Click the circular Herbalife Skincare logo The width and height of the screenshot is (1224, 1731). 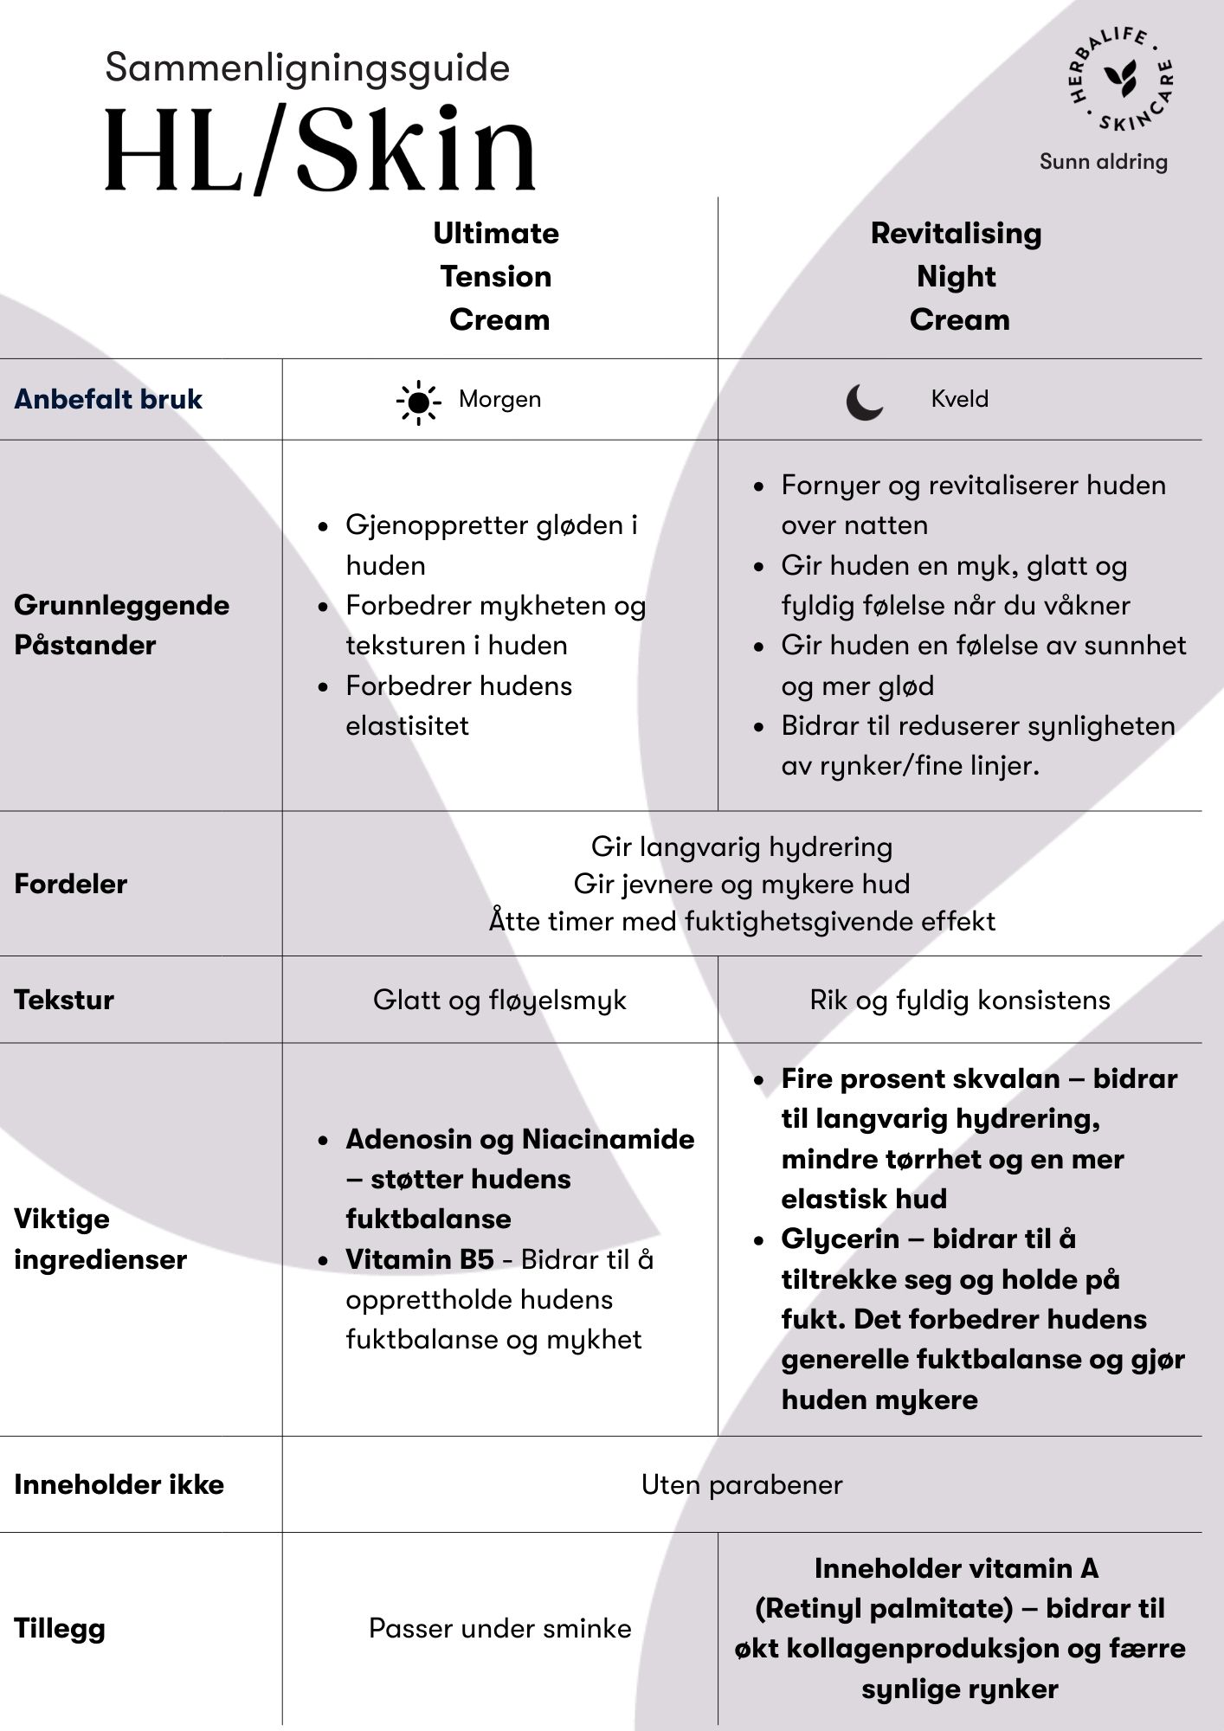1118,80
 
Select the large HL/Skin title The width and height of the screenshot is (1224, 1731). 320,149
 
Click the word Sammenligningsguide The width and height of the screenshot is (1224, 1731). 307,68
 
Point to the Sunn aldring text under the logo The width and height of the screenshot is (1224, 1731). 1103,162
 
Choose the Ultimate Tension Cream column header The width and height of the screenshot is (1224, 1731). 498,276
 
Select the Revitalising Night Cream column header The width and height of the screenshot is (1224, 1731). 957,276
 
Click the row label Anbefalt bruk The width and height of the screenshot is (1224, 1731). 108,399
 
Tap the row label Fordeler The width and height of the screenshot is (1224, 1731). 71,884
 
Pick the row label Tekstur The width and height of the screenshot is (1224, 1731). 64,1000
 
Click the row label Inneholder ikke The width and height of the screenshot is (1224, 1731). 119,1484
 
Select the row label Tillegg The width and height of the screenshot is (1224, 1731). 60,1628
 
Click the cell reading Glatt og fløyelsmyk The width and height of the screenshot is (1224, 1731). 499,1000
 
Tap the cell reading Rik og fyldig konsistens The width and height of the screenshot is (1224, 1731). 959,1000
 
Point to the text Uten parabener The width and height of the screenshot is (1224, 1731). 742,1484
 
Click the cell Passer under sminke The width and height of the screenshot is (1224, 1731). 499,1628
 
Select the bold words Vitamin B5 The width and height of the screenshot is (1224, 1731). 420,1259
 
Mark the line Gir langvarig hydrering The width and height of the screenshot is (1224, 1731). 742,846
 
